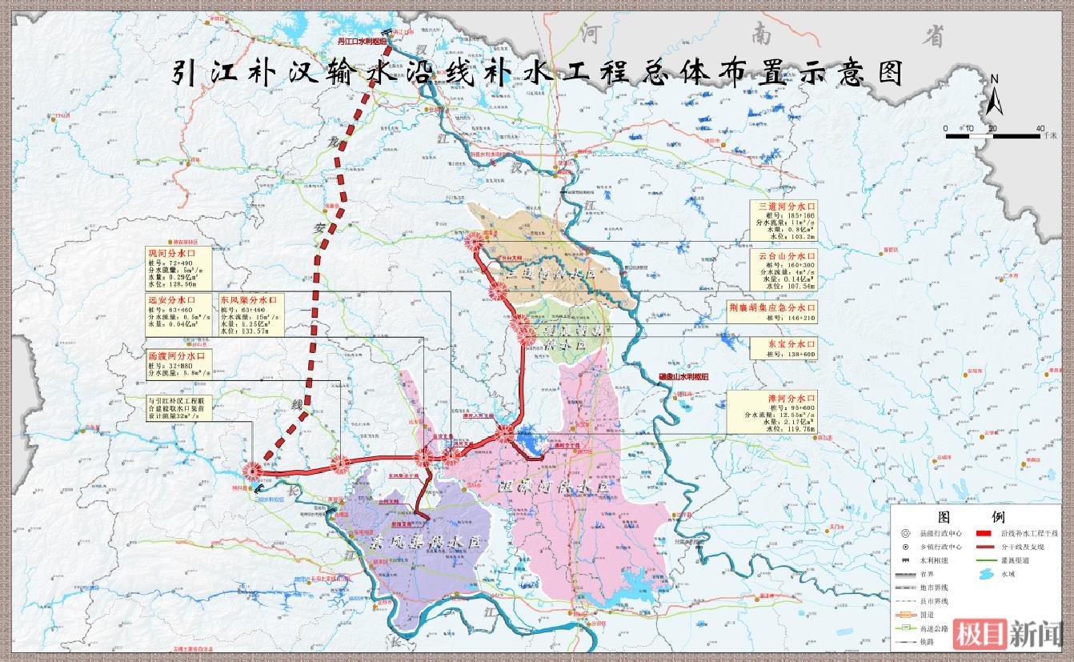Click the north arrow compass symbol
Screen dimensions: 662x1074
(x=994, y=94)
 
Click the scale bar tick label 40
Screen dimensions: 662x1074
(x=1040, y=128)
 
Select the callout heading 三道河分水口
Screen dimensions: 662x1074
(x=787, y=207)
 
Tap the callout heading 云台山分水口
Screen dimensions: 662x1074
(x=787, y=256)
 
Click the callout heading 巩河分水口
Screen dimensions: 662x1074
(x=170, y=253)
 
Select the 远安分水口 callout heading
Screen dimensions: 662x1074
(x=170, y=300)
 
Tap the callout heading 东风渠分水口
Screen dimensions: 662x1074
(x=248, y=300)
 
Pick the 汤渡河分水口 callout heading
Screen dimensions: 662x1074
(x=178, y=355)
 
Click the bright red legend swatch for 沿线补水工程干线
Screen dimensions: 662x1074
(x=984, y=532)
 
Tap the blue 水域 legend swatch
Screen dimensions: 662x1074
(x=984, y=574)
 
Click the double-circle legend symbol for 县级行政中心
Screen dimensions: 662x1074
(x=904, y=532)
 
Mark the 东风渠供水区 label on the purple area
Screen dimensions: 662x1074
(x=428, y=541)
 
